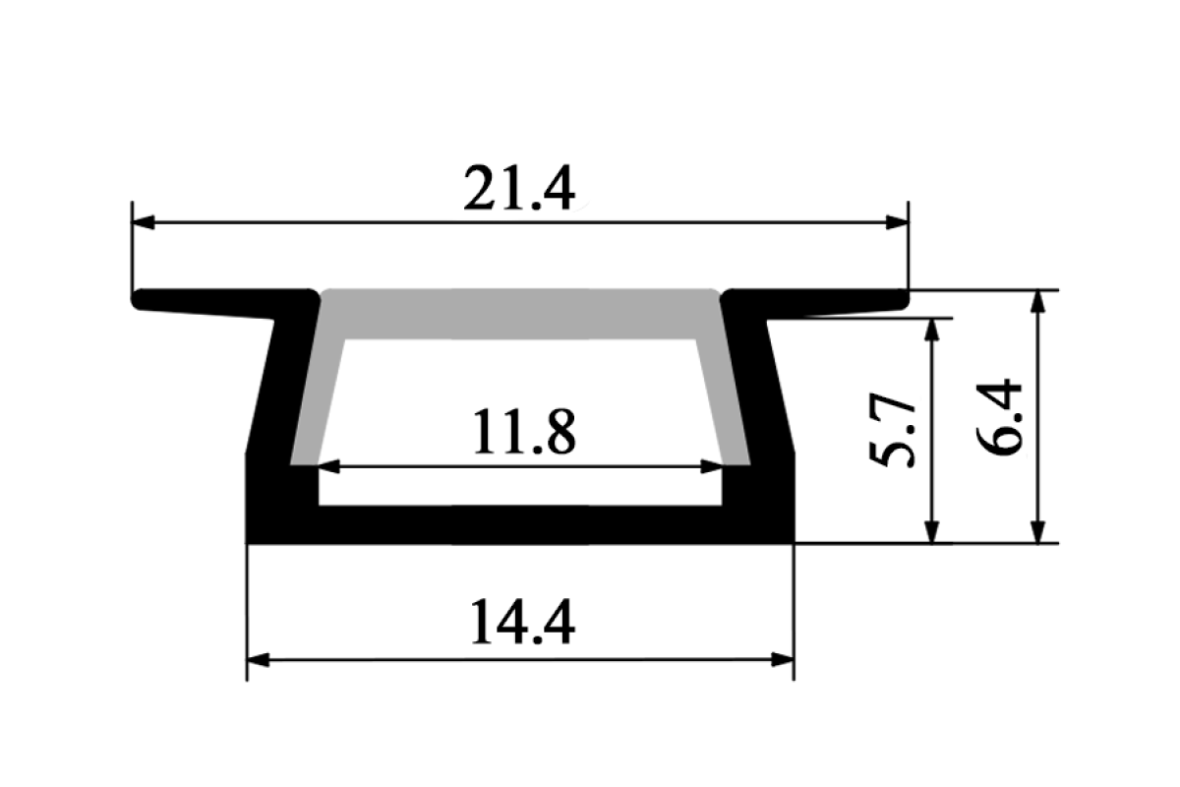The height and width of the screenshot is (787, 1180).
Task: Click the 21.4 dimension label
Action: [519, 188]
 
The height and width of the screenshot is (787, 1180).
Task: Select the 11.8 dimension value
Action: [524, 432]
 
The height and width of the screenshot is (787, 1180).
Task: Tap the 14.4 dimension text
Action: [522, 622]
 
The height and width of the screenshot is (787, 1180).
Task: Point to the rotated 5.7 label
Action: [892, 429]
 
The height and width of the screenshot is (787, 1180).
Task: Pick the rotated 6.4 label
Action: [998, 417]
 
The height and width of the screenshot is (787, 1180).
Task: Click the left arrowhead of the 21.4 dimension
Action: [144, 222]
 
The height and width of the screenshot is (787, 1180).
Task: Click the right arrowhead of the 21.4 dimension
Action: [897, 222]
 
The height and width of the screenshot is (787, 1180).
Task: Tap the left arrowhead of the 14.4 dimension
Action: [258, 660]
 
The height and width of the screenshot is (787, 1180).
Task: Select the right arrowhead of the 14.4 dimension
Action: [783, 660]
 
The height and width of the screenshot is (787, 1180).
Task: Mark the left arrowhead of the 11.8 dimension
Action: [328, 467]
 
